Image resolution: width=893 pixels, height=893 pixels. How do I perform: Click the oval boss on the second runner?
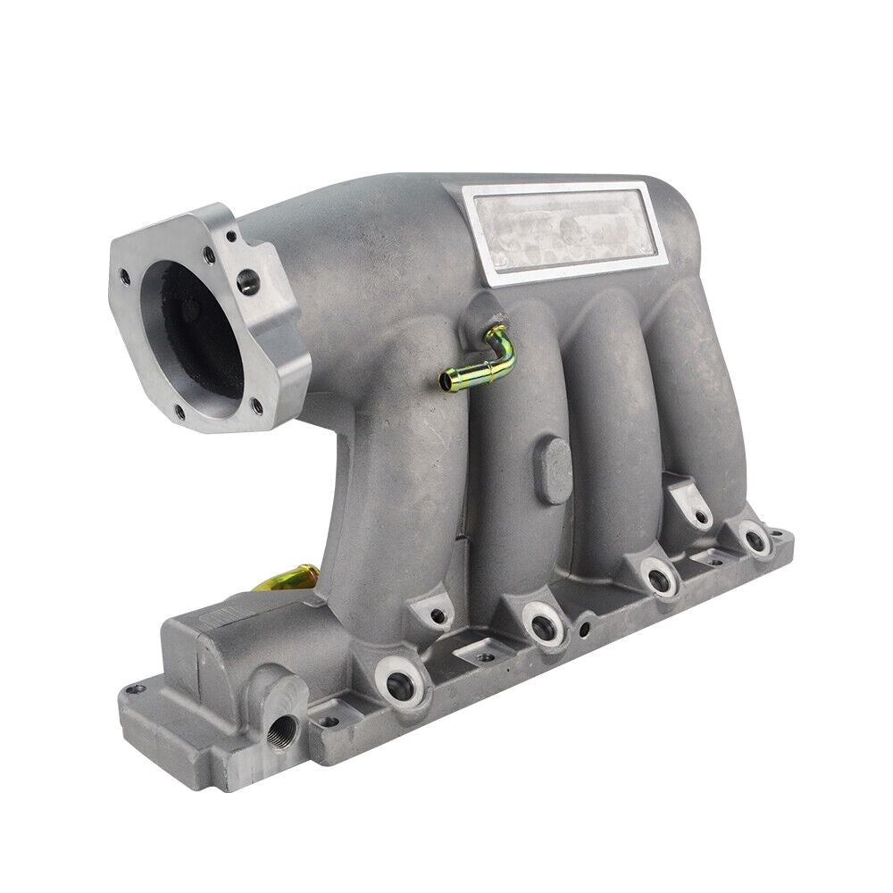click(555, 470)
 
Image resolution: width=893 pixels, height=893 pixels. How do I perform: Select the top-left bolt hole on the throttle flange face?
click(124, 277)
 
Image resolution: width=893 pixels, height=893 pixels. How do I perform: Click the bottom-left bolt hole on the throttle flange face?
click(179, 412)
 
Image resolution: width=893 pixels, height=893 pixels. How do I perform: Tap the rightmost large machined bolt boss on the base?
click(756, 539)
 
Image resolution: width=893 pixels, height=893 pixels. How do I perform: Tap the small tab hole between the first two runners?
click(438, 615)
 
